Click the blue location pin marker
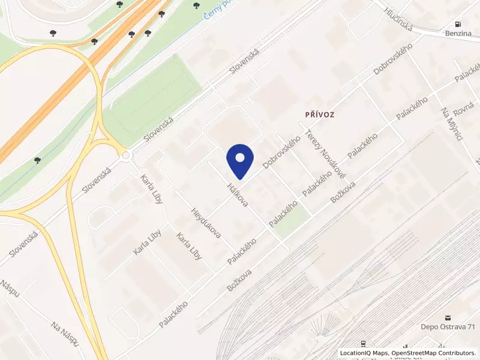click(x=240, y=160)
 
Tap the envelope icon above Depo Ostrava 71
click(x=447, y=316)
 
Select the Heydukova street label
click(x=205, y=223)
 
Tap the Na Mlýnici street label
click(x=451, y=125)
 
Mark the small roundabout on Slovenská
click(x=126, y=156)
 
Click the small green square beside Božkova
click(x=292, y=222)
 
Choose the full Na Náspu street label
click(x=66, y=335)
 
